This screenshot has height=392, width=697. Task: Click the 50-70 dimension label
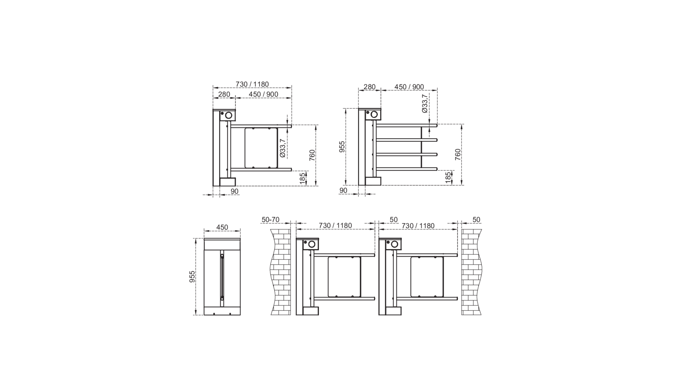coord(270,220)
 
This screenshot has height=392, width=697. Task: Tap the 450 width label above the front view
coord(222,227)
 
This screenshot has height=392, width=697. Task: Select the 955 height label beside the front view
coord(192,277)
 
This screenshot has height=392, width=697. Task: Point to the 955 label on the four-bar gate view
coord(342,147)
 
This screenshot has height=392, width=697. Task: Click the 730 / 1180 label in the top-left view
coord(252,84)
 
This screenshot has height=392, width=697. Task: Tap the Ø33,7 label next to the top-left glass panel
coord(282,148)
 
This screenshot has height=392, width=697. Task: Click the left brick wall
coord(281,272)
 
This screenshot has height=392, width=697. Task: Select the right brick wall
coord(472,272)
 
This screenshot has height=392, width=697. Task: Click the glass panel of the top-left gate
coord(261,148)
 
